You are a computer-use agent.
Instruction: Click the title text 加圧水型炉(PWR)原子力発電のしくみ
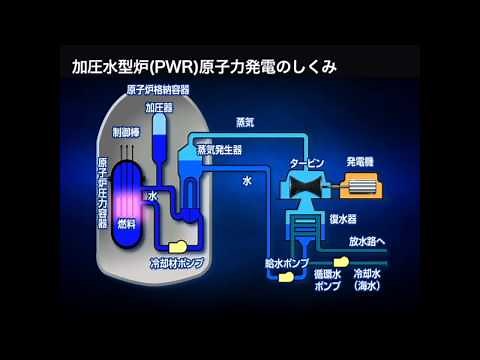tap(204, 68)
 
